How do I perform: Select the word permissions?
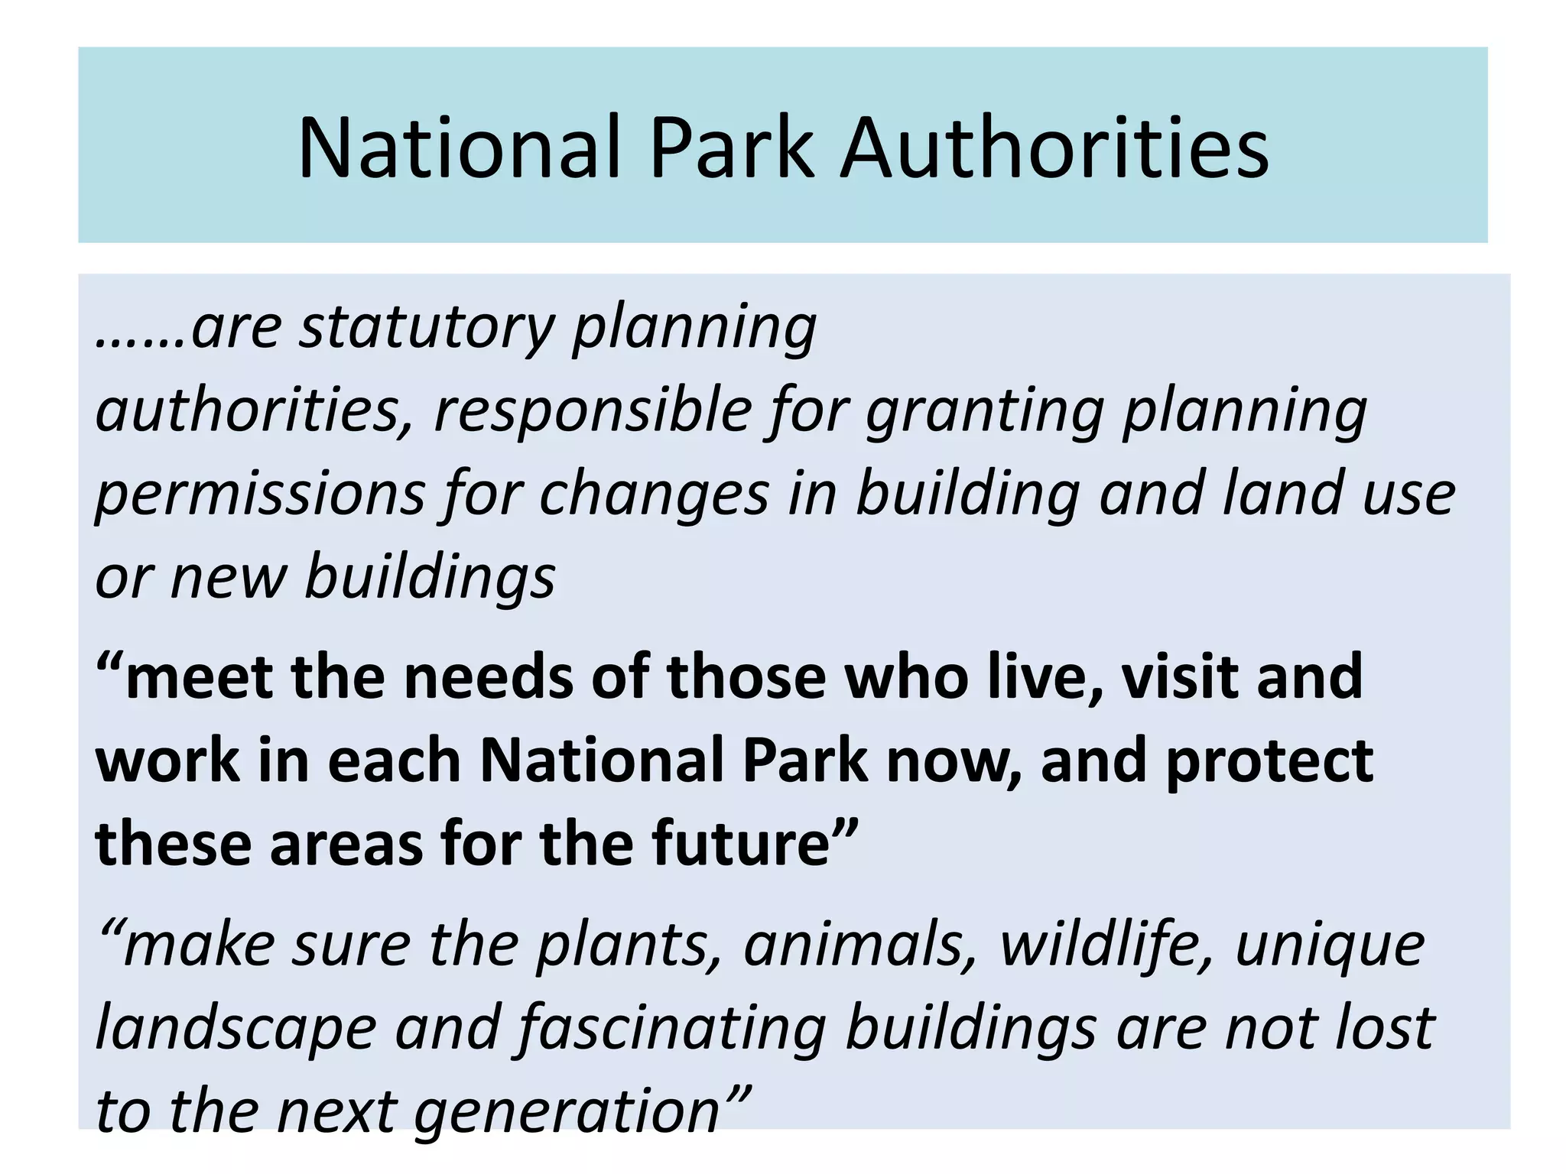click(x=260, y=495)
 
